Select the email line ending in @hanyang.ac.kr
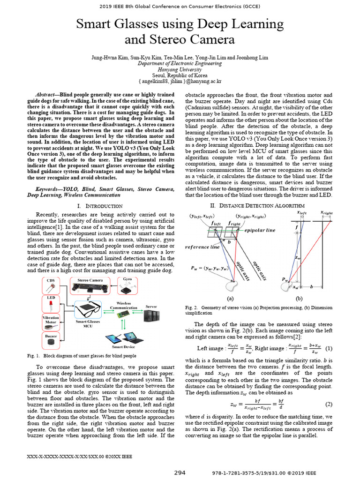[180, 81]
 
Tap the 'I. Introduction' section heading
[99, 206]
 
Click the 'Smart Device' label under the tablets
[123, 347]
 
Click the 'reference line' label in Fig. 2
[202, 247]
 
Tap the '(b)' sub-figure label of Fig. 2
[299, 298]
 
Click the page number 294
[180, 472]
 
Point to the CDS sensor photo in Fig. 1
[51, 286]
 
